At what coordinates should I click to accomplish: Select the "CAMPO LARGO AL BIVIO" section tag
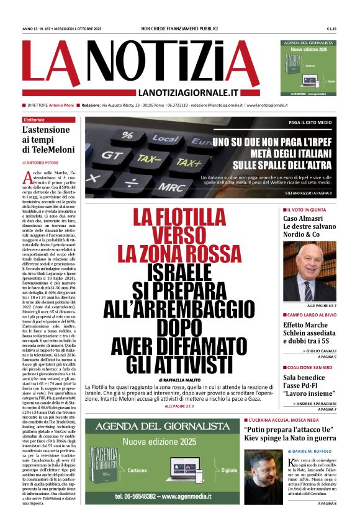coord(312,315)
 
